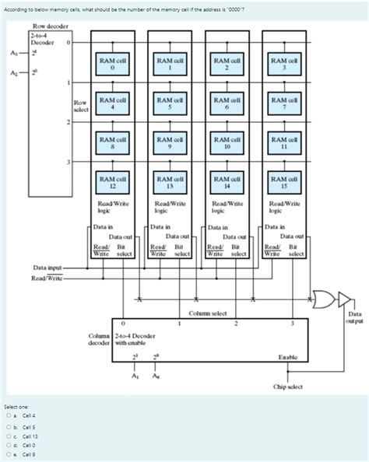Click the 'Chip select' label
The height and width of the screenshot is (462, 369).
[288, 385]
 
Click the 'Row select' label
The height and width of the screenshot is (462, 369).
[79, 107]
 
